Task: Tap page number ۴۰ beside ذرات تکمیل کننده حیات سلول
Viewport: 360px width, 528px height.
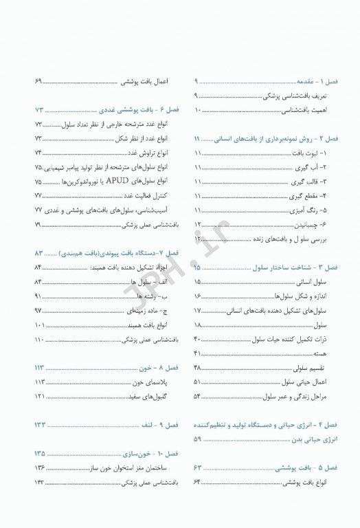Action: (198, 339)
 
